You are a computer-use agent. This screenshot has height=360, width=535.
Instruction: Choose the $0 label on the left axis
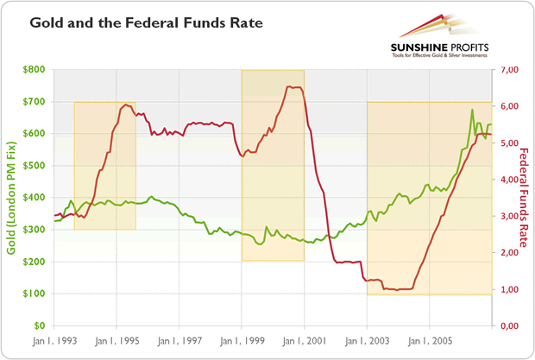click(38, 325)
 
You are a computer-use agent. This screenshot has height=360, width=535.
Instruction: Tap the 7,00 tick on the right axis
click(507, 70)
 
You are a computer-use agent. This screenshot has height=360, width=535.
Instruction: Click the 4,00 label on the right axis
click(507, 180)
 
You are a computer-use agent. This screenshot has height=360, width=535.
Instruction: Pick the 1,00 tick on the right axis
click(507, 289)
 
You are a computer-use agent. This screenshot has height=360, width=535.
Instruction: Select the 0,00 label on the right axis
click(507, 325)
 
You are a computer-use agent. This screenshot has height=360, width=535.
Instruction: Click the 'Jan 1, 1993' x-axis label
click(53, 341)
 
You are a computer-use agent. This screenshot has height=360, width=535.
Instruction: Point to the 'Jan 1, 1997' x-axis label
click(179, 341)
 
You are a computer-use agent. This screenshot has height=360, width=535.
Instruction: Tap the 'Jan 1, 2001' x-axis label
click(304, 341)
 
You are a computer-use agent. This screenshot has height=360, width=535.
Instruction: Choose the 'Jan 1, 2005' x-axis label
click(429, 341)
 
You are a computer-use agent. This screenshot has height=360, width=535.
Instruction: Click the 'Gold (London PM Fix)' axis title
click(12, 198)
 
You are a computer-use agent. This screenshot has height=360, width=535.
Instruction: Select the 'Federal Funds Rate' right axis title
click(523, 198)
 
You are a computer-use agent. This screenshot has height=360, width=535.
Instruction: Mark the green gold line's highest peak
click(472, 110)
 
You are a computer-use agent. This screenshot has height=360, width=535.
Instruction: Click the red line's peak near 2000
click(293, 86)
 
